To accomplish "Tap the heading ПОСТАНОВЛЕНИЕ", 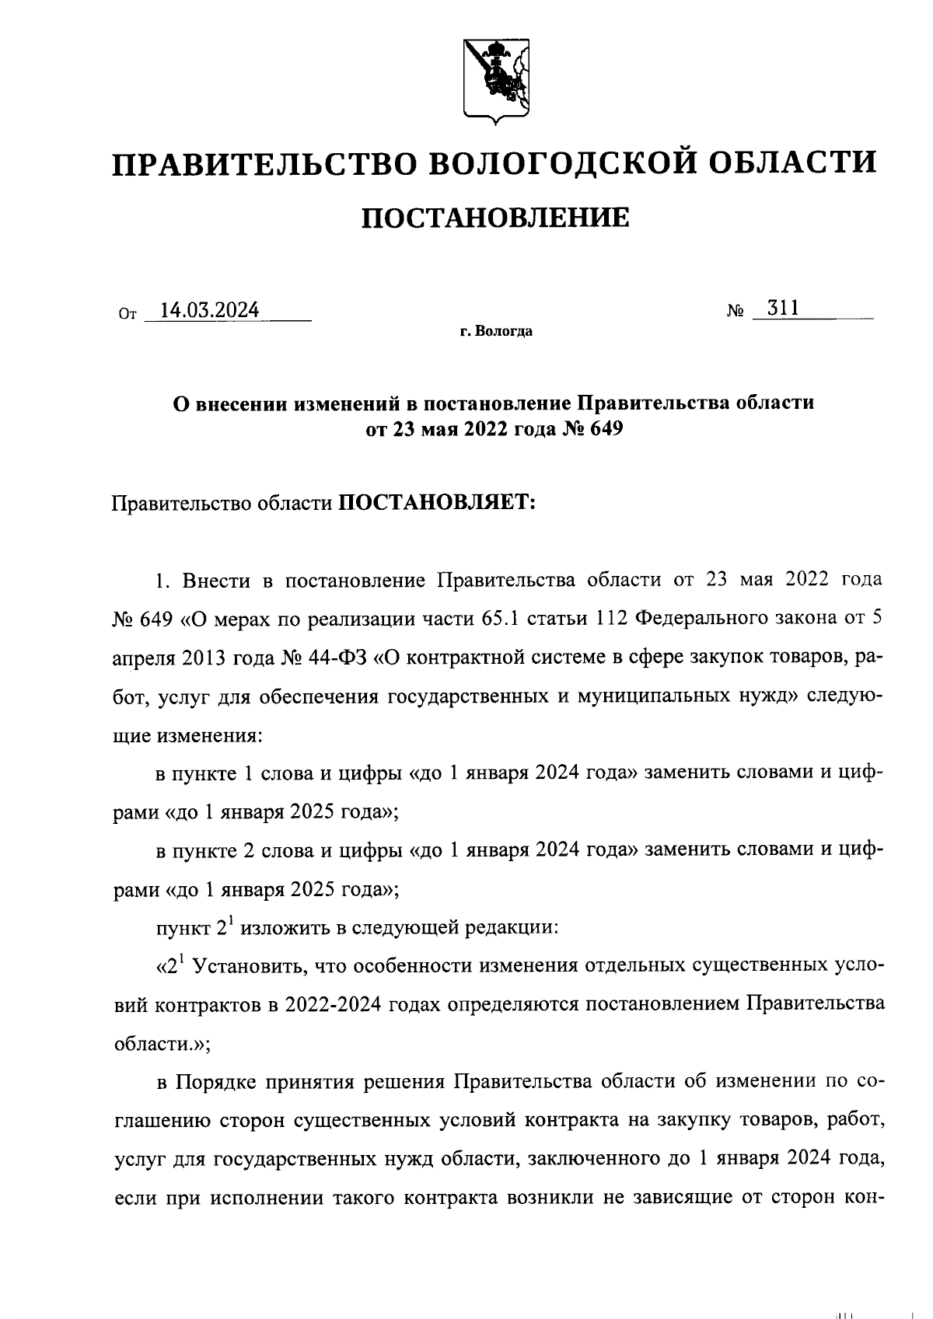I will pyautogui.click(x=494, y=218).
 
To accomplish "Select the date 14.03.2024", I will pyautogui.click(x=209, y=310).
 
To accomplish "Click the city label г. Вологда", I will pyautogui.click(x=495, y=332).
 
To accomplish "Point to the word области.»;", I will pyautogui.click(x=162, y=1044).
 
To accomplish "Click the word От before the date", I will pyautogui.click(x=126, y=316).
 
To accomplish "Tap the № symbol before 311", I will pyautogui.click(x=736, y=312).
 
